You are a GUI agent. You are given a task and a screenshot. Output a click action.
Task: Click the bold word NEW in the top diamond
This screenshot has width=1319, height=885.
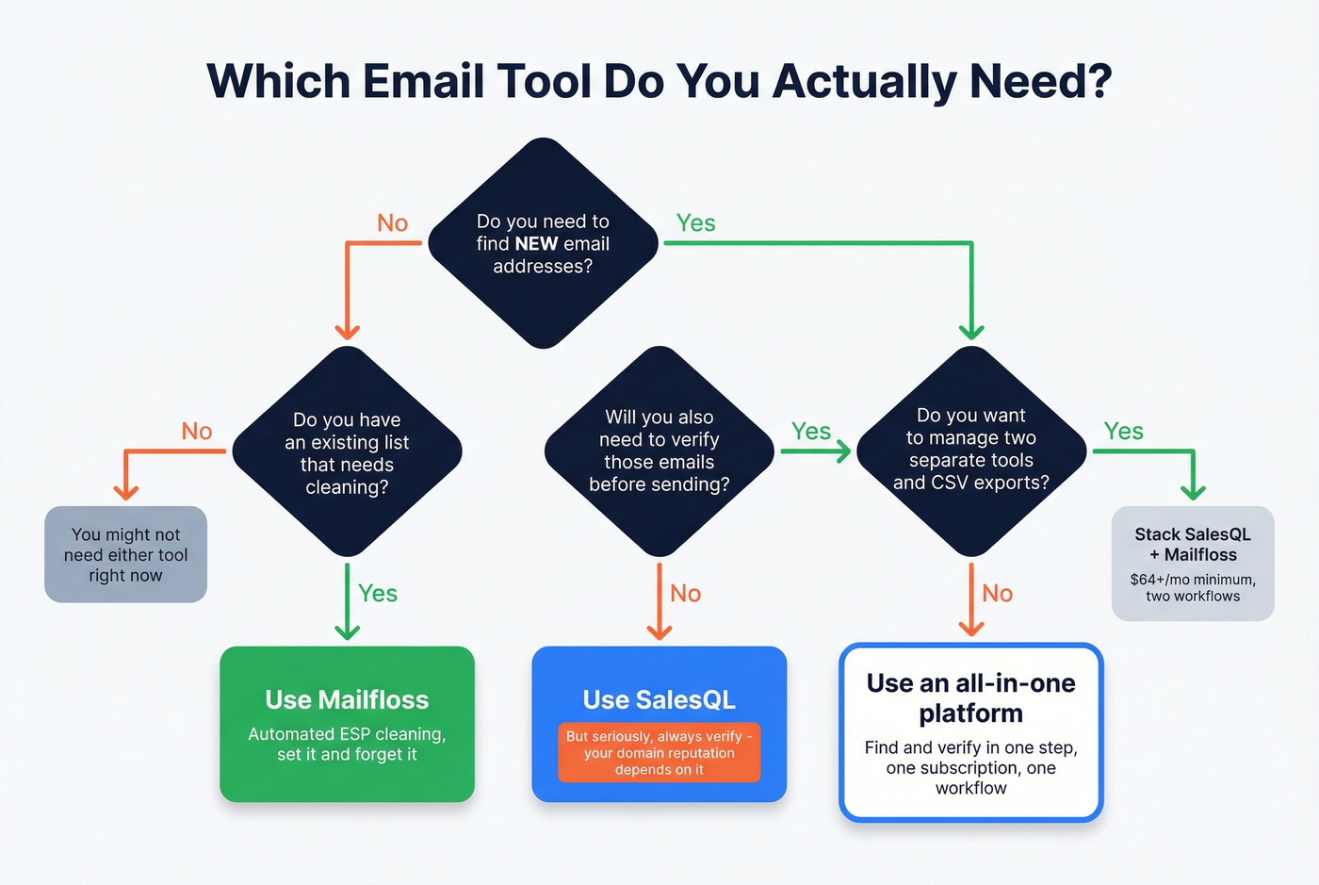pyautogui.click(x=536, y=244)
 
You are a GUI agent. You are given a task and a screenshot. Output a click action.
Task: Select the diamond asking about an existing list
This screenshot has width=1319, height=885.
pyautogui.click(x=347, y=452)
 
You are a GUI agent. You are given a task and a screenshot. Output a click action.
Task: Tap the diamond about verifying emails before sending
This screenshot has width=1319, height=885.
pyautogui.click(x=659, y=451)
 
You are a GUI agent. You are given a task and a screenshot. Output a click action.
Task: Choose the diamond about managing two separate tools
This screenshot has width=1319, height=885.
pyautogui.click(x=971, y=451)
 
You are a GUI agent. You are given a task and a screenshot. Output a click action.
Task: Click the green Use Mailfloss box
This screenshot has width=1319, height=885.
pyautogui.click(x=347, y=724)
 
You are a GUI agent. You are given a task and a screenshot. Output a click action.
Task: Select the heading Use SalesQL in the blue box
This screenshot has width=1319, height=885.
pyautogui.click(x=659, y=700)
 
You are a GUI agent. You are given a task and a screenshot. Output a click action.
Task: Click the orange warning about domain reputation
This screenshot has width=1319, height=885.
pyautogui.click(x=659, y=753)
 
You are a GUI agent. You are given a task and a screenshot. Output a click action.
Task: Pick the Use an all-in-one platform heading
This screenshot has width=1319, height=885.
pyautogui.click(x=970, y=698)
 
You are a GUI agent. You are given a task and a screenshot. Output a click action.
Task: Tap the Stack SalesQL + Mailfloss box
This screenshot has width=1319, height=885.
pyautogui.click(x=1193, y=564)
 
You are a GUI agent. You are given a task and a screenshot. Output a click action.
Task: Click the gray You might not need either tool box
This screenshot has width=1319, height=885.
pyautogui.click(x=125, y=555)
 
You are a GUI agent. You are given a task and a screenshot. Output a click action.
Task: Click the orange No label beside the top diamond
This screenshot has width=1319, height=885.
pyautogui.click(x=392, y=223)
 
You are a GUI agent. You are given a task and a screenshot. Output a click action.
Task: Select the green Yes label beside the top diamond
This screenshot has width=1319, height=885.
pyautogui.click(x=695, y=223)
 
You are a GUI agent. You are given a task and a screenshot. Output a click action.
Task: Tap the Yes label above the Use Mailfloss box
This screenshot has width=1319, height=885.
pyautogui.click(x=377, y=594)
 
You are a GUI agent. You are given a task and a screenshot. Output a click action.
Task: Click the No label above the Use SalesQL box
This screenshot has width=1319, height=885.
pyautogui.click(x=685, y=594)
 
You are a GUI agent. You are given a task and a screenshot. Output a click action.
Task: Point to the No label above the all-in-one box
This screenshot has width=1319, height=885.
pyautogui.click(x=997, y=594)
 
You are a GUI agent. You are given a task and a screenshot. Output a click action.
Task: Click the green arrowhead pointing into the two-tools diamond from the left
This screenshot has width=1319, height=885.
pyautogui.click(x=841, y=451)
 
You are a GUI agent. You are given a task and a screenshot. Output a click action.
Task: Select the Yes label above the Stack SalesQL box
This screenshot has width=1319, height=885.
pyautogui.click(x=1123, y=432)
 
